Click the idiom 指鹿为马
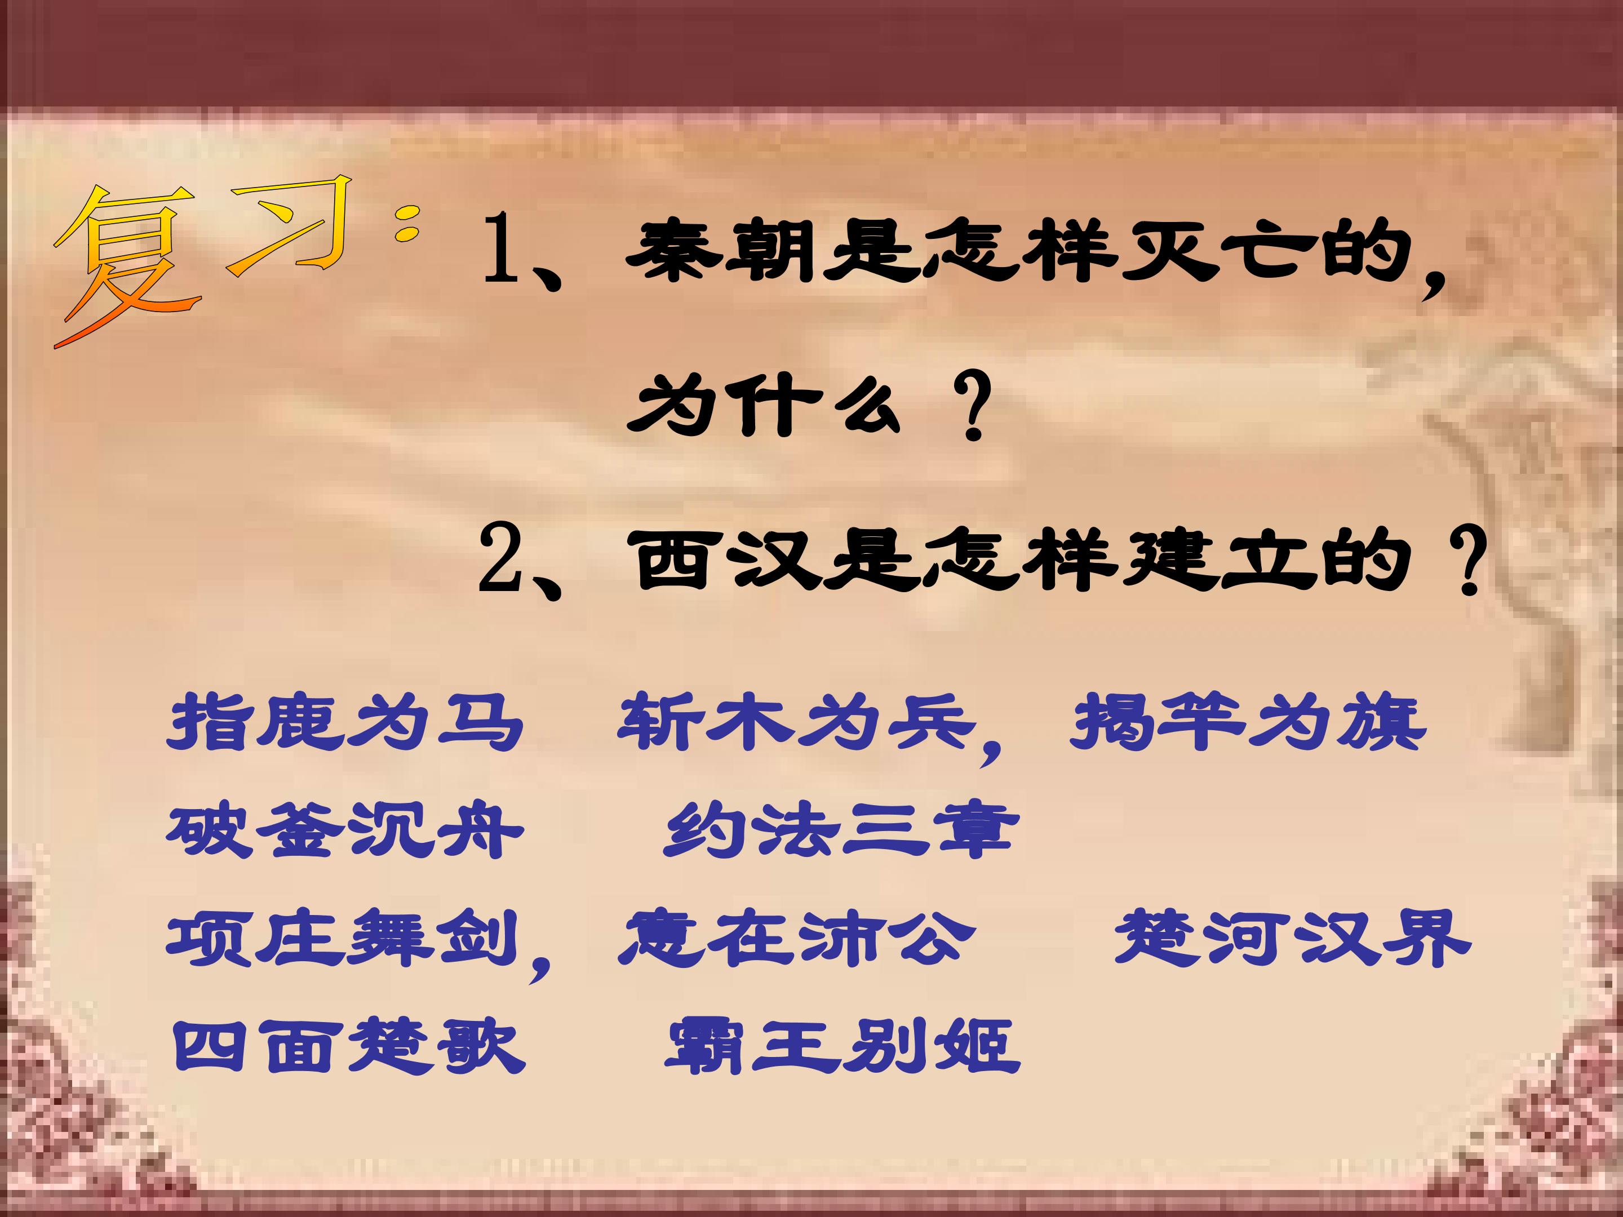click(x=345, y=722)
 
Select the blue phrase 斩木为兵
click(x=796, y=722)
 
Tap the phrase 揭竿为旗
click(x=1247, y=722)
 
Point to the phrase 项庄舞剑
click(x=341, y=939)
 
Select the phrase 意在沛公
click(x=796, y=939)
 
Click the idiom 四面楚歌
click(x=348, y=1045)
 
